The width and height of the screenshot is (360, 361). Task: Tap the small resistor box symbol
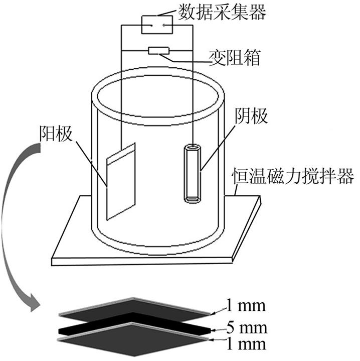coord(159,50)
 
